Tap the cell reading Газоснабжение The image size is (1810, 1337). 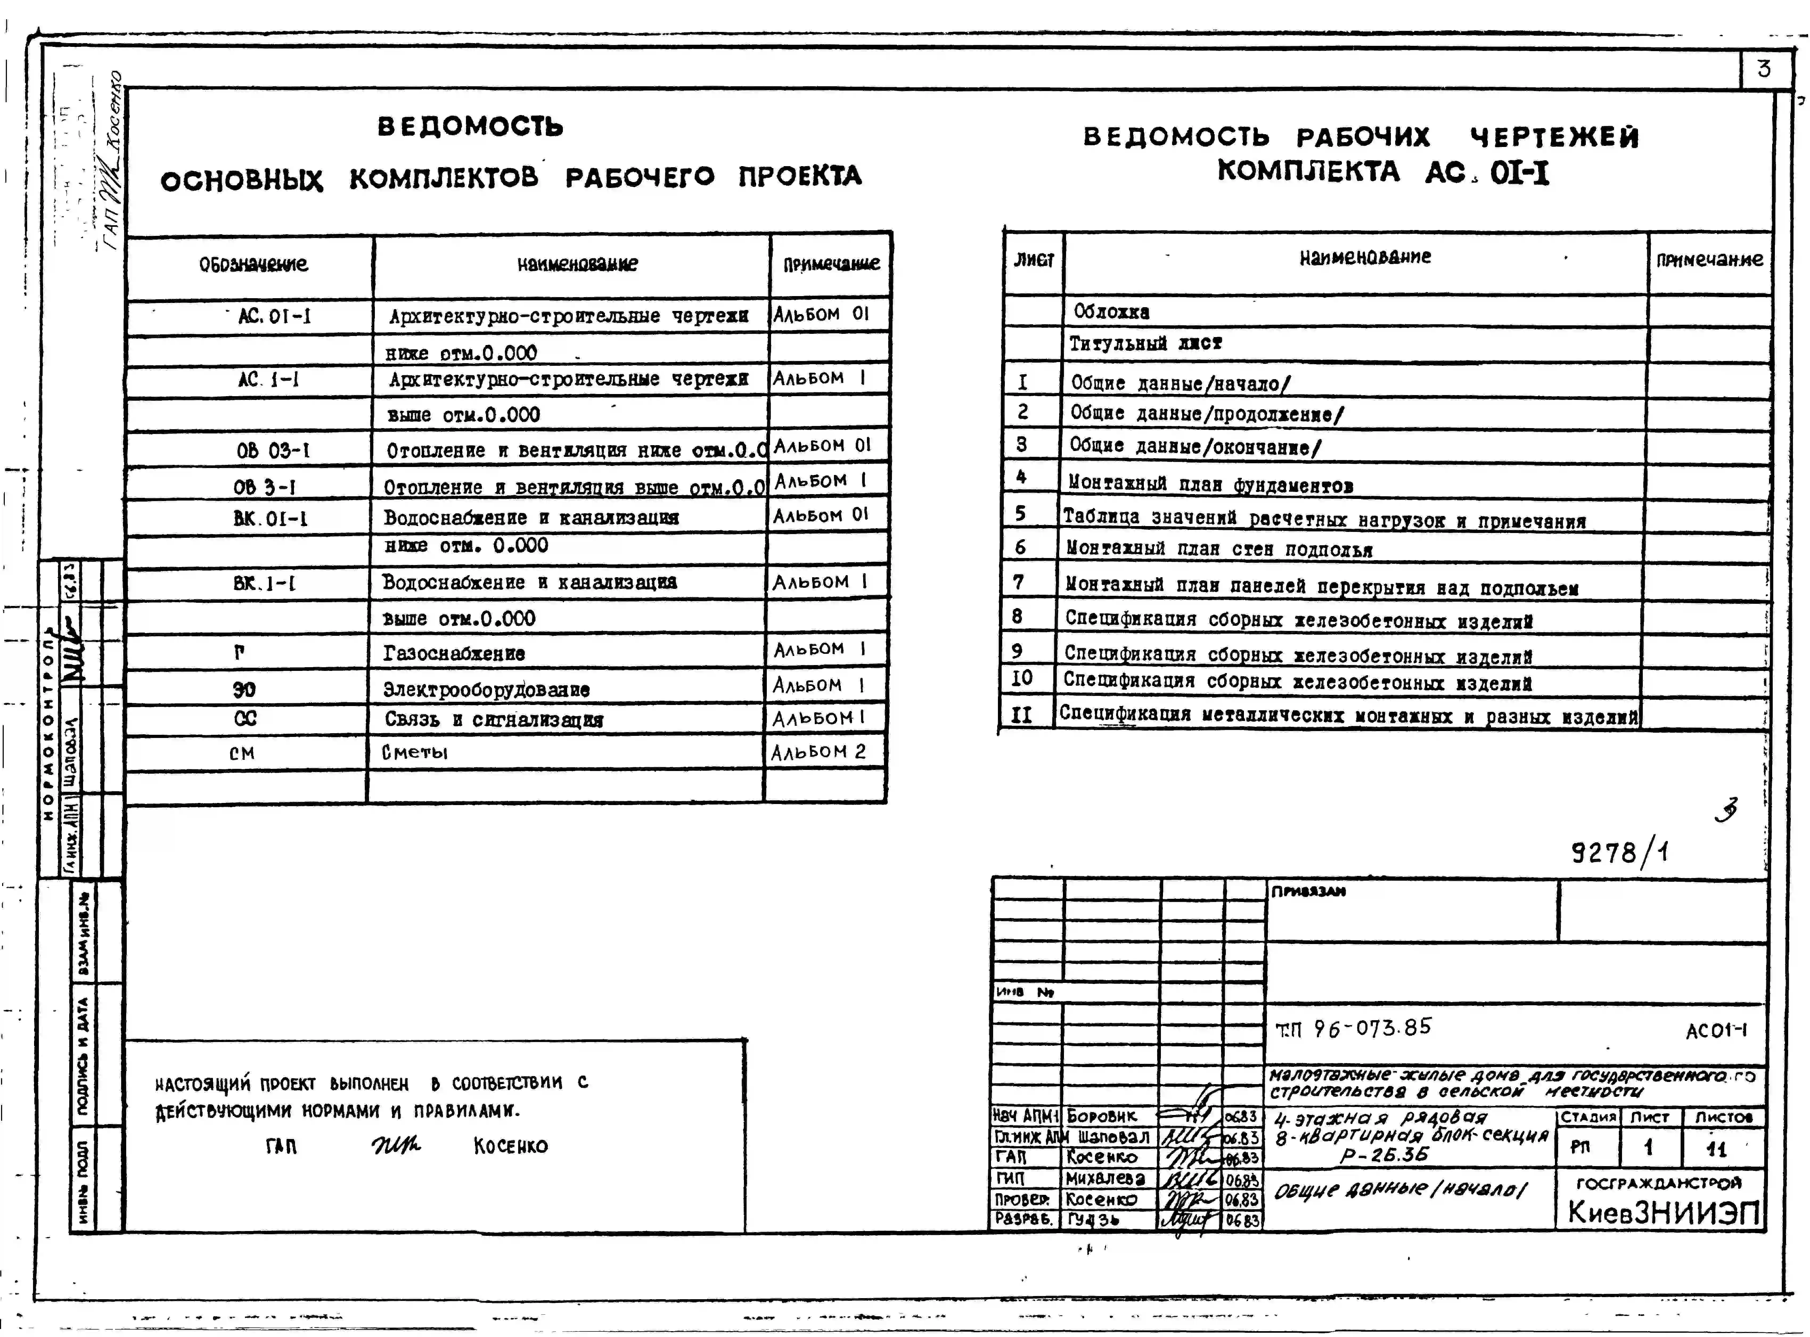click(454, 653)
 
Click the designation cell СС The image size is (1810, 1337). click(245, 719)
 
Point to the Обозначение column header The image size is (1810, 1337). click(253, 264)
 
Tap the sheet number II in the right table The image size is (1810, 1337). click(1022, 715)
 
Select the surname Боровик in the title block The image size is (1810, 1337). click(1101, 1116)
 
